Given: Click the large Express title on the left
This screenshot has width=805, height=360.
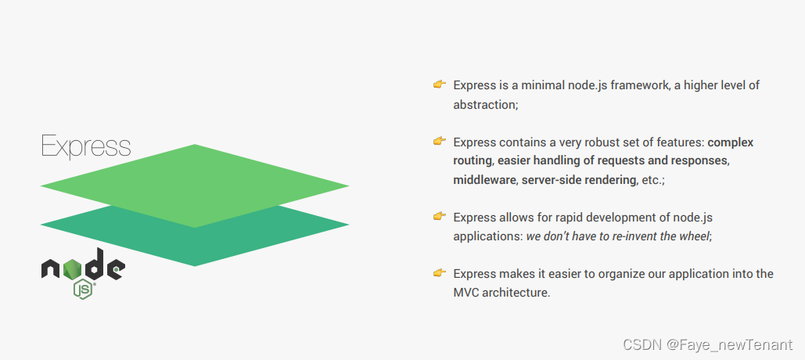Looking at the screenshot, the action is [86, 146].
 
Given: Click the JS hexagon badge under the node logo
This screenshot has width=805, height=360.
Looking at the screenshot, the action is [84, 289].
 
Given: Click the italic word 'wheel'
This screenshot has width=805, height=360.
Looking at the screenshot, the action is [693, 236].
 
